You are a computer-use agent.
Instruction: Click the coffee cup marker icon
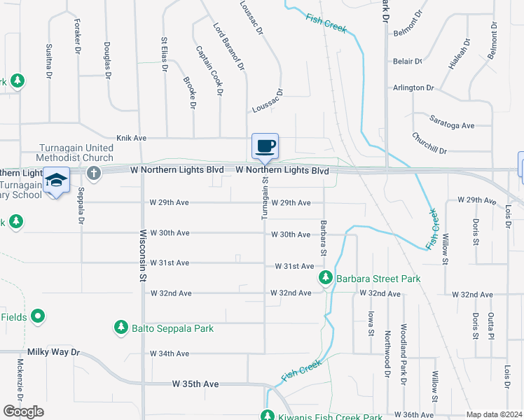tap(266, 146)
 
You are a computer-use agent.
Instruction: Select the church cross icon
tap(92, 172)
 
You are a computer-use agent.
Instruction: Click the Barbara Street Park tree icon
tap(325, 279)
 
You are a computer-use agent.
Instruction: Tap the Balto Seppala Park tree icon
tap(121, 328)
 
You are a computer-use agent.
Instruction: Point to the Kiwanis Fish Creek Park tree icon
tap(267, 416)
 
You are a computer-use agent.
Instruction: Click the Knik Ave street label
tap(130, 139)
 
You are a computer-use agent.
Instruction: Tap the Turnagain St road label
tap(266, 198)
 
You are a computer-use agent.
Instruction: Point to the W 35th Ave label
tap(196, 384)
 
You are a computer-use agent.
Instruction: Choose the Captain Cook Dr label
tap(209, 71)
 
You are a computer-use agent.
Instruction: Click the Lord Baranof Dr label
tap(228, 46)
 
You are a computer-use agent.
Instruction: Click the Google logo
tap(23, 412)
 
